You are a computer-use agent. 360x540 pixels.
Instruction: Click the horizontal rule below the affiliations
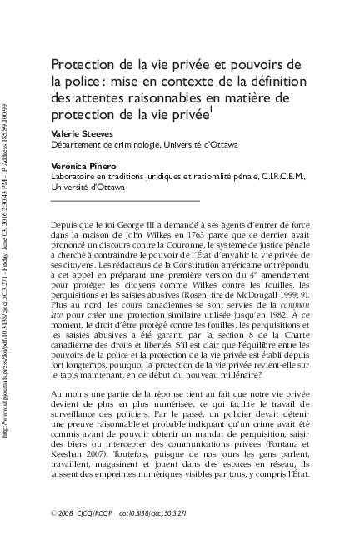pyautogui.click(x=125, y=201)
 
